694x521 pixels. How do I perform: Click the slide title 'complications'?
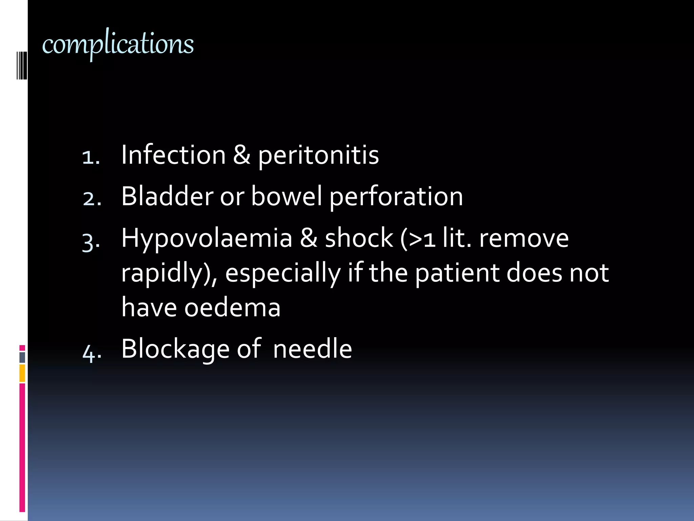(x=118, y=44)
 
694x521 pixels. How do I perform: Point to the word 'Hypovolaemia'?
(x=207, y=239)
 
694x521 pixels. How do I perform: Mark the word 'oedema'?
(x=232, y=307)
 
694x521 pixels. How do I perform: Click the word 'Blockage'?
(x=175, y=349)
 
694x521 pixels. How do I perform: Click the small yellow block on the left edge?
(x=22, y=373)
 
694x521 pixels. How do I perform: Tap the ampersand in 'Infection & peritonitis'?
(x=242, y=155)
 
